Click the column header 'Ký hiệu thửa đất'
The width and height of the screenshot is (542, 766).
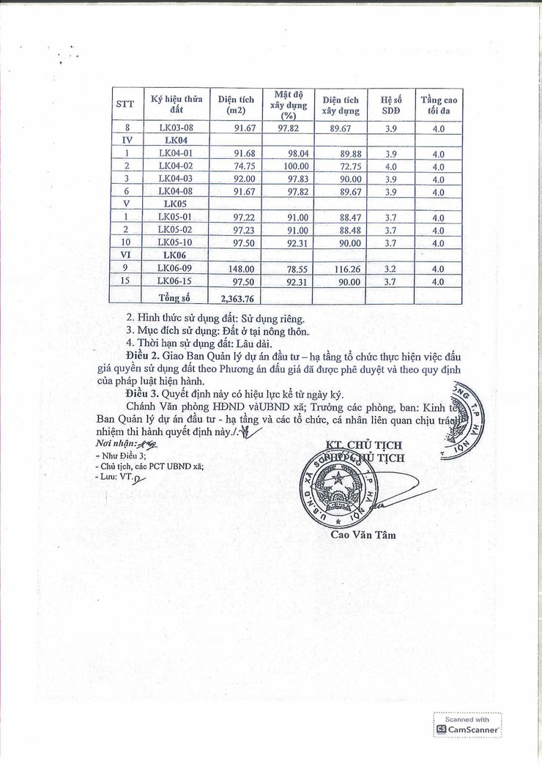click(x=176, y=104)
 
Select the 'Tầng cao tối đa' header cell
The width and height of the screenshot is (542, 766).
click(x=438, y=105)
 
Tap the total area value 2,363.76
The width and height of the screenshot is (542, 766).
click(x=236, y=298)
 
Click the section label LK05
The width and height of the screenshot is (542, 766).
click(x=176, y=204)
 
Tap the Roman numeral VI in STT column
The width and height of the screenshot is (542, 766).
click(x=126, y=255)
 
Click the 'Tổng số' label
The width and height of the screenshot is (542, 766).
click(x=174, y=298)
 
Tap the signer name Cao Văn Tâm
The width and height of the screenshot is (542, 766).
click(x=363, y=535)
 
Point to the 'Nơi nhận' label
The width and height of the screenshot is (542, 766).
click(x=114, y=445)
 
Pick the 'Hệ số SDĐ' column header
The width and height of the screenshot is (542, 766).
click(x=390, y=105)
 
